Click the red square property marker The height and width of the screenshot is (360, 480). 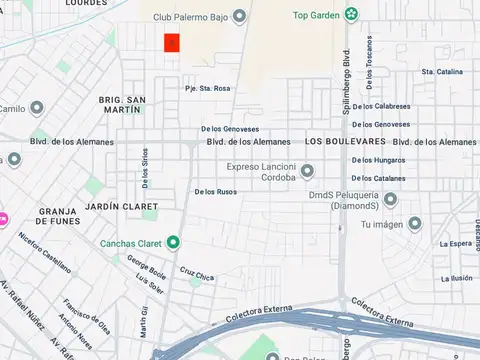coord(172,42)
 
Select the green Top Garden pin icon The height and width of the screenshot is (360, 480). coord(351,14)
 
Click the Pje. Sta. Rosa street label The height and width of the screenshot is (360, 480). coord(207,88)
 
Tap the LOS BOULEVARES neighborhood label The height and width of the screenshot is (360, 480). coord(339,142)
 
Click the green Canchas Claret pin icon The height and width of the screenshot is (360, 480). coord(173,242)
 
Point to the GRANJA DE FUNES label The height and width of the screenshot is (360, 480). coord(57,218)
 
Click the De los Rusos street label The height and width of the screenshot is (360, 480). coord(215,191)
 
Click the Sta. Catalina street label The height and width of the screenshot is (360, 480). coord(442,72)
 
